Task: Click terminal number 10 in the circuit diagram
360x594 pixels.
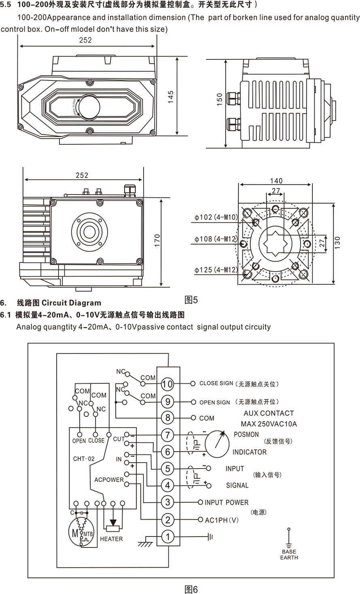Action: (x=167, y=384)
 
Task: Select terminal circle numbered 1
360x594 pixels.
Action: (x=167, y=537)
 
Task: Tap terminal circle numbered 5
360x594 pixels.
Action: (x=167, y=469)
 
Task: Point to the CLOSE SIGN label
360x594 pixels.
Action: (x=216, y=383)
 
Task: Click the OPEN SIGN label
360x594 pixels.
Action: (x=214, y=402)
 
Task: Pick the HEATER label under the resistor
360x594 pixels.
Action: (x=111, y=539)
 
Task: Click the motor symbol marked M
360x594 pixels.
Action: (x=75, y=533)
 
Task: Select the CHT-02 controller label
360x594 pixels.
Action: (x=84, y=459)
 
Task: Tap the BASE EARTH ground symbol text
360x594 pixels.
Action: (x=289, y=554)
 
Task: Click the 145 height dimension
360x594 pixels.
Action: (x=171, y=97)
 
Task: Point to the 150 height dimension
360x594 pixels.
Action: (x=220, y=99)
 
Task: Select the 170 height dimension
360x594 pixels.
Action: (x=157, y=241)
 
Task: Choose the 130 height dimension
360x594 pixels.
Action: (x=337, y=243)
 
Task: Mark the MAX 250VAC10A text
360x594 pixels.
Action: (x=269, y=424)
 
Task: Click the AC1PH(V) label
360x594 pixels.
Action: (x=222, y=520)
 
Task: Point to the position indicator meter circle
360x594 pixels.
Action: (x=220, y=444)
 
